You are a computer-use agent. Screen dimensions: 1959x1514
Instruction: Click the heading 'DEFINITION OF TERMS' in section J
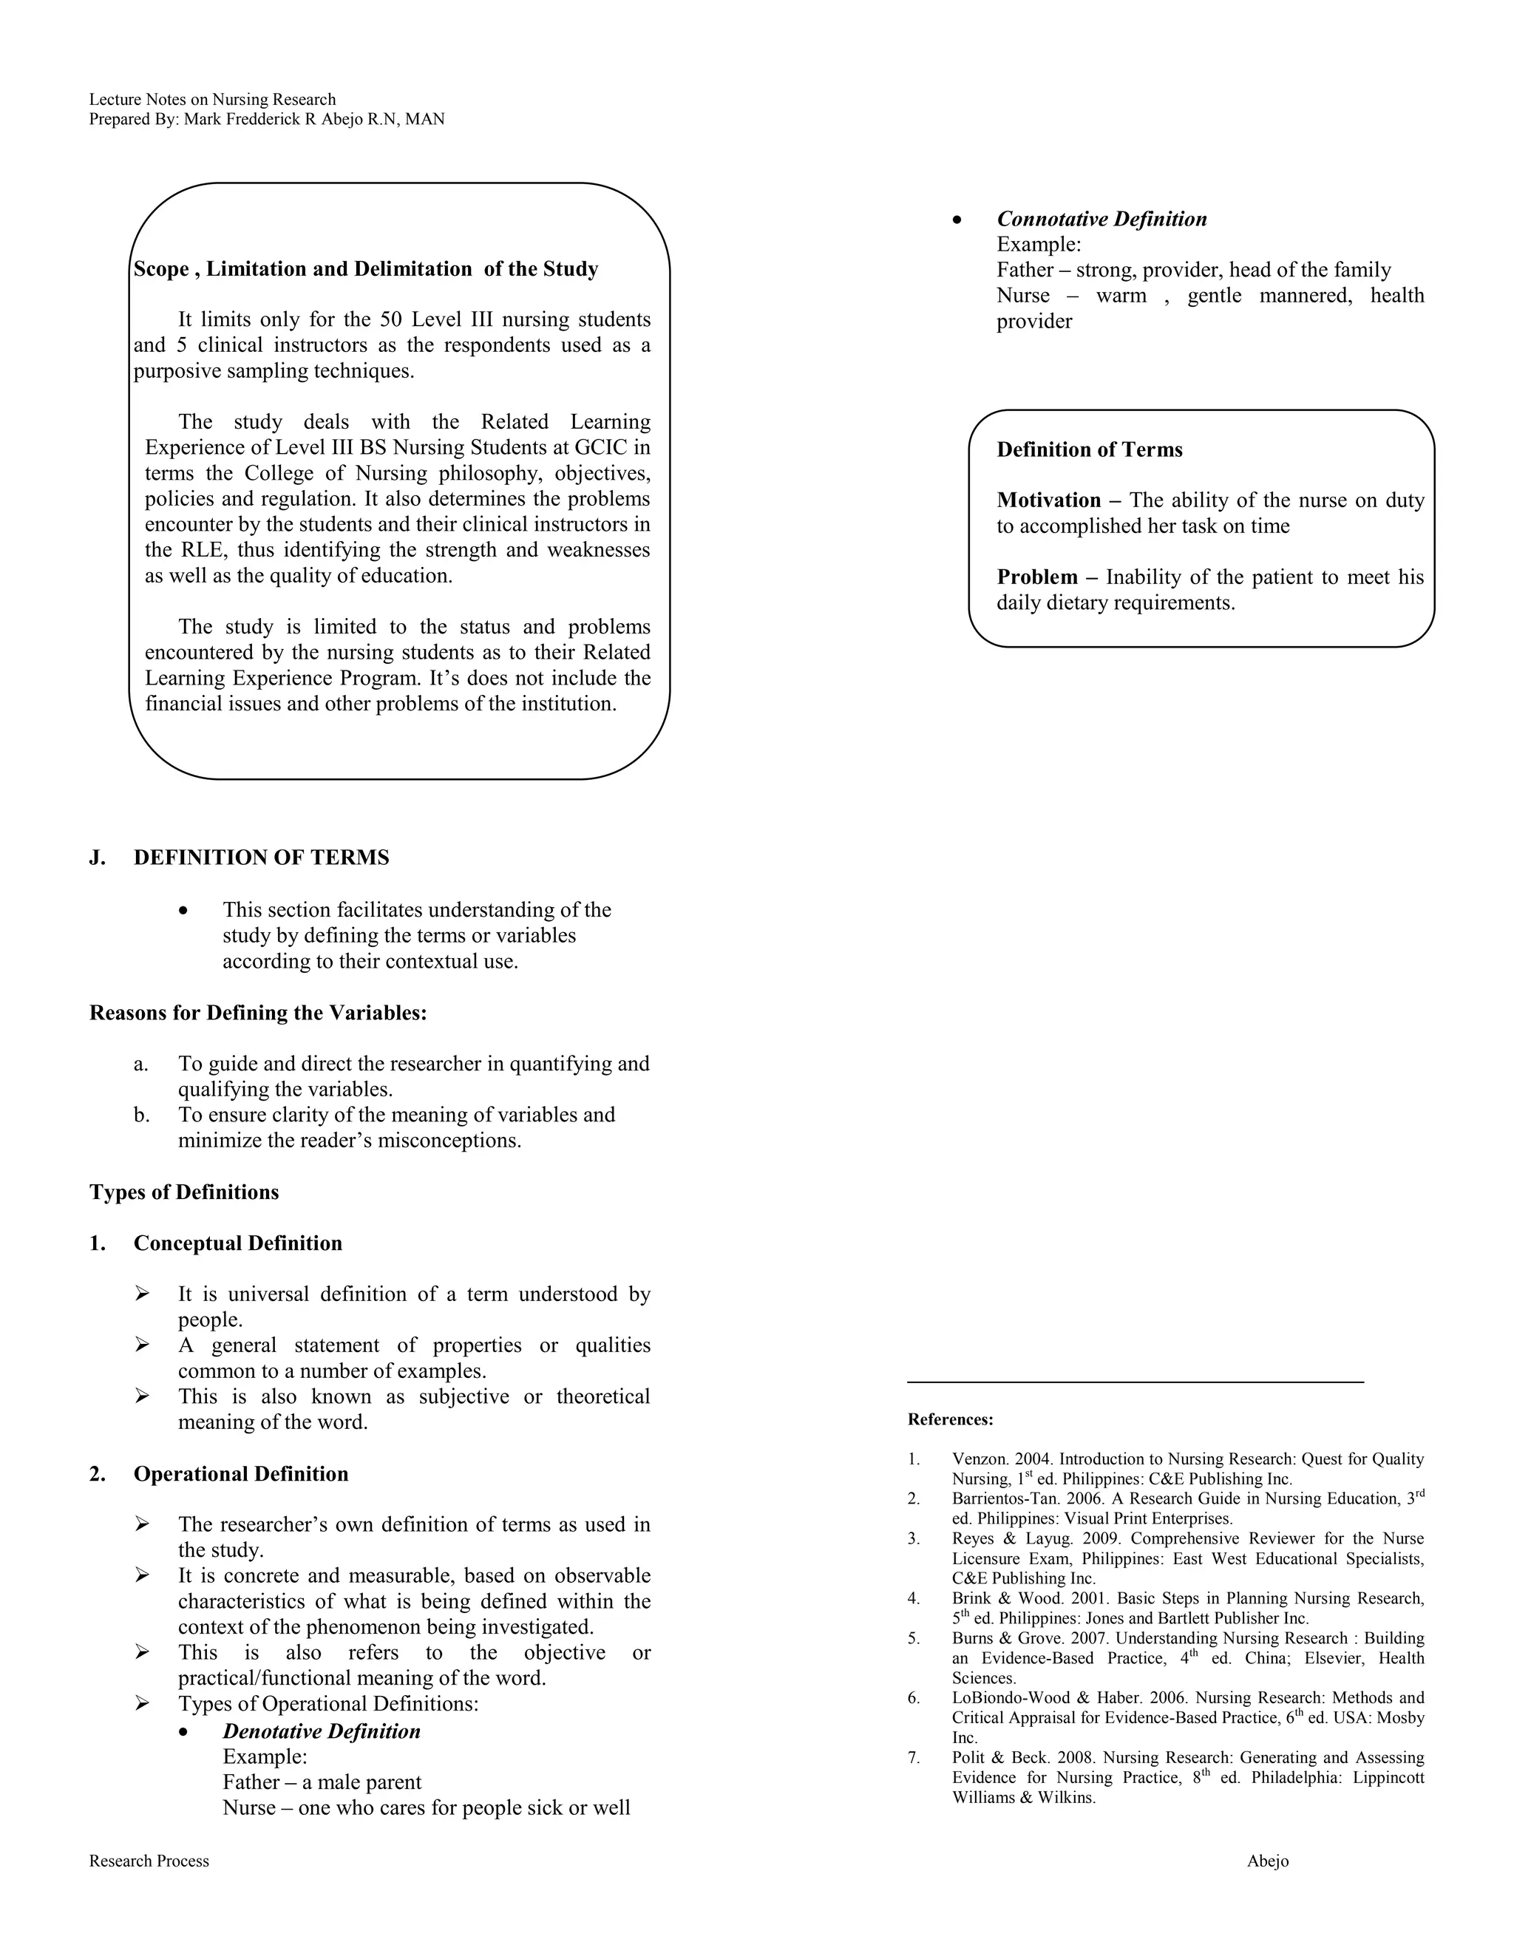261,858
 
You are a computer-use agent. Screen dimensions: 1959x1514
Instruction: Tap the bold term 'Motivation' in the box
1048,500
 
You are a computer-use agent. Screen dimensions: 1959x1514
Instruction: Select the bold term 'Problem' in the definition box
1037,577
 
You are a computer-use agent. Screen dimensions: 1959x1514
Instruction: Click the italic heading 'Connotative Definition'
1101,219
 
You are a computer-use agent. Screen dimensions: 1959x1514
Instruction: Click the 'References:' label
950,1420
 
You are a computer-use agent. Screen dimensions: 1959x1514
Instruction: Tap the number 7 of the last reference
913,1757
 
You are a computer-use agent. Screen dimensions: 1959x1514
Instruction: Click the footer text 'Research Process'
149,1861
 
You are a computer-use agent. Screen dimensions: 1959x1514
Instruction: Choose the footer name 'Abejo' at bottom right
1267,1861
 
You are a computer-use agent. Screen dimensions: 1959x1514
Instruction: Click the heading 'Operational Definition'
240,1474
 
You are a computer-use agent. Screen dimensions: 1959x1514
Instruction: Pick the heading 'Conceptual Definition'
238,1243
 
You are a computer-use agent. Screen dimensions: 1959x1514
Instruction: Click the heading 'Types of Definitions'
184,1192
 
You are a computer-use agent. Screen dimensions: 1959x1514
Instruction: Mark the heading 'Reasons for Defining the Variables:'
258,1013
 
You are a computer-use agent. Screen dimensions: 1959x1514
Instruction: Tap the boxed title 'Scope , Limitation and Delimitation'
365,269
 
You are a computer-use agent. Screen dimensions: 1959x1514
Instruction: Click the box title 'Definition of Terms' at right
1089,449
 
